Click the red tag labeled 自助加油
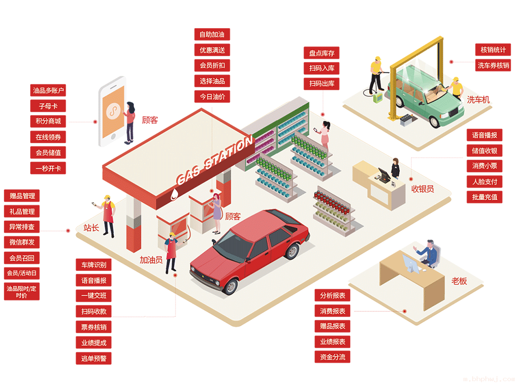click(212, 34)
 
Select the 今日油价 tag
click(212, 96)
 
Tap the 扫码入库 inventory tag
click(321, 68)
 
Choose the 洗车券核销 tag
click(493, 65)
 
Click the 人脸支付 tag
click(484, 181)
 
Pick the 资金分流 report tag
click(332, 357)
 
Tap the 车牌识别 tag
click(93, 265)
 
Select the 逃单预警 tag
click(93, 358)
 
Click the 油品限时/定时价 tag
click(22, 292)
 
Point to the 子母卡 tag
click(48, 106)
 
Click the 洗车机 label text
click(478, 100)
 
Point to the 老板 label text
click(459, 281)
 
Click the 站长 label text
click(91, 228)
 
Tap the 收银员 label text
click(423, 189)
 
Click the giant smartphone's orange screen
click(113, 112)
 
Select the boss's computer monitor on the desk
click(410, 264)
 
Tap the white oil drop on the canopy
click(174, 194)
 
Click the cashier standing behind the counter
click(395, 168)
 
